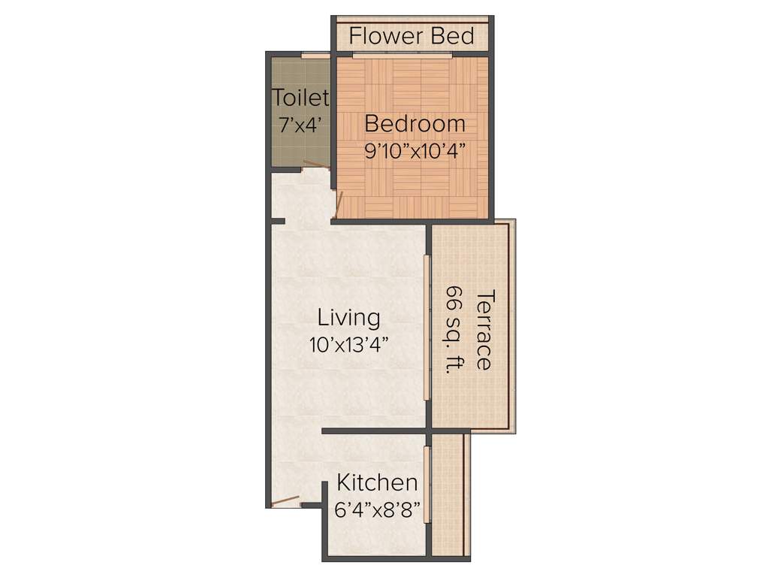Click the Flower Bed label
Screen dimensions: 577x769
pyautogui.click(x=412, y=35)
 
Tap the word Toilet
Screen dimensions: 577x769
pyautogui.click(x=300, y=98)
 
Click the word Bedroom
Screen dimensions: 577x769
pyautogui.click(x=415, y=123)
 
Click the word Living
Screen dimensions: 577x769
pyautogui.click(x=348, y=318)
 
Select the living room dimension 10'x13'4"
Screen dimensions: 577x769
pyautogui.click(x=348, y=345)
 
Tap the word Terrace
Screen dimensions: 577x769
pyautogui.click(x=484, y=329)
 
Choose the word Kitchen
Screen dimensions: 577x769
pyautogui.click(x=376, y=482)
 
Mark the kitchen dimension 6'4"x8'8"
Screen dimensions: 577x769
pyautogui.click(x=376, y=508)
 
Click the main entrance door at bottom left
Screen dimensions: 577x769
pyautogui.click(x=285, y=503)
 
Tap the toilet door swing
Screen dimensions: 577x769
pyautogui.click(x=316, y=165)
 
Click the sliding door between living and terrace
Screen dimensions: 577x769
pyautogui.click(x=427, y=328)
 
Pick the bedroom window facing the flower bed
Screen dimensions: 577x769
pyautogui.click(x=402, y=55)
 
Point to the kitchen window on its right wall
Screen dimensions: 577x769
pyautogui.click(x=427, y=485)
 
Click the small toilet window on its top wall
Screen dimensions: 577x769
pyautogui.click(x=315, y=55)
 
